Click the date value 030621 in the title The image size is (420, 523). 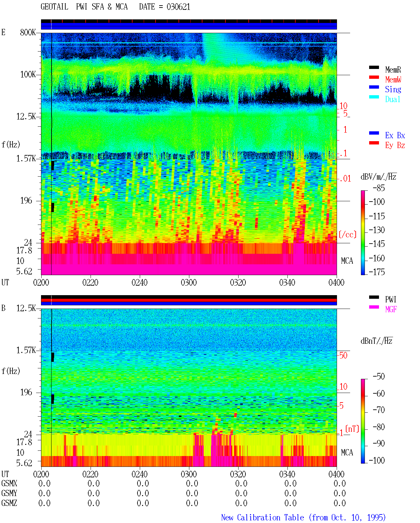pyautogui.click(x=178, y=7)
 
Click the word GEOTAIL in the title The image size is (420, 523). pyautogui.click(x=54, y=7)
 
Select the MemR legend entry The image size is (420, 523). pyautogui.click(x=393, y=70)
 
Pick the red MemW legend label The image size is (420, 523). pyautogui.click(x=393, y=79)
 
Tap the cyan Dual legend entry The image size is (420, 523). pyautogui.click(x=392, y=99)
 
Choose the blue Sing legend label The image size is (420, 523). pyautogui.click(x=393, y=89)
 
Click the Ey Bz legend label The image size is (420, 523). pyautogui.click(x=395, y=145)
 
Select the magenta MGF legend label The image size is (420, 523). pyautogui.click(x=391, y=309)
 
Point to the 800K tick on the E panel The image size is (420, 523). pyautogui.click(x=28, y=32)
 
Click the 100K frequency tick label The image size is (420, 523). pyautogui.click(x=28, y=75)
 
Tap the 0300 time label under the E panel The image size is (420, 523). pyautogui.click(x=189, y=282)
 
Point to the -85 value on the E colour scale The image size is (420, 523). pyautogui.click(x=379, y=188)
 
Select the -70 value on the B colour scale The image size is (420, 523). pyautogui.click(x=379, y=410)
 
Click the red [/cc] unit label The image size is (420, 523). pyautogui.click(x=347, y=234)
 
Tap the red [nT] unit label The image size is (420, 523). pyautogui.click(x=352, y=428)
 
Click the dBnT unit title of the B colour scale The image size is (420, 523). pyautogui.click(x=376, y=341)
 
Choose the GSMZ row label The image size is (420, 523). pyautogui.click(x=9, y=503)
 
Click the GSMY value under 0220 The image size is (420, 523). pyautogui.click(x=94, y=493)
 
